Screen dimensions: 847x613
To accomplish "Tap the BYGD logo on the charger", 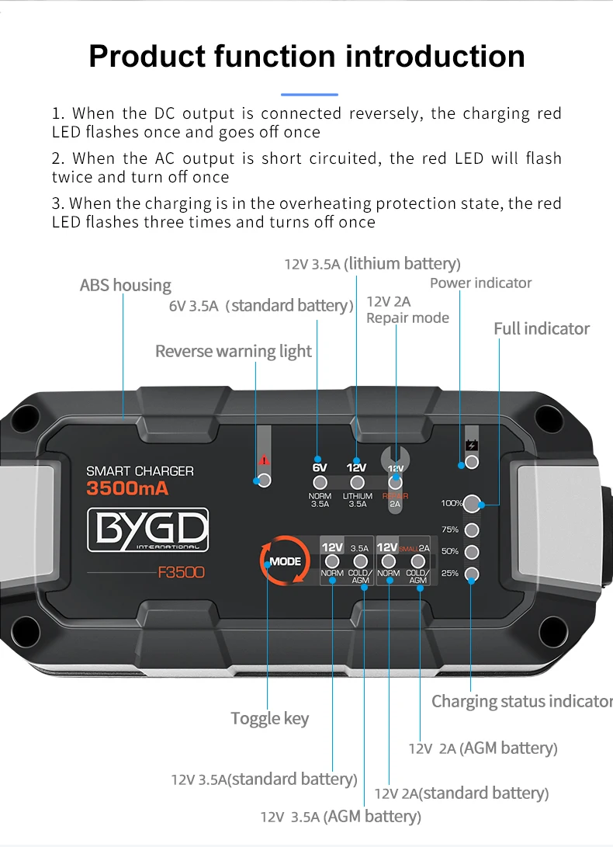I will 147,529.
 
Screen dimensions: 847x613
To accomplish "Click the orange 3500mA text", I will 127,488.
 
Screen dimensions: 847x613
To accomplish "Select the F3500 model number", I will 181,574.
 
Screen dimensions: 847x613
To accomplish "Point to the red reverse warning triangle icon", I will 264,459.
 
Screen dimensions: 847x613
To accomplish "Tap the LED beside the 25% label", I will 472,575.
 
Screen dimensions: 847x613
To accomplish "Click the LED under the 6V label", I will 320,483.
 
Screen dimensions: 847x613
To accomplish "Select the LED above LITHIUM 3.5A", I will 357,483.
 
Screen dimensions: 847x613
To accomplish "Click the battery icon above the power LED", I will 471,446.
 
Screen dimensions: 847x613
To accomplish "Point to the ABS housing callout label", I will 126,285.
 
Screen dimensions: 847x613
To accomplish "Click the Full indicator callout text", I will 542,328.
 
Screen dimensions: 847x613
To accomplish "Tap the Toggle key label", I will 269,718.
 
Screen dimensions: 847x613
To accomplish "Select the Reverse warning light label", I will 233,351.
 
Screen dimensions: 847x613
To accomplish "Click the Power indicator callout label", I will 481,283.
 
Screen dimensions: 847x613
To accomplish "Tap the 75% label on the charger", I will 450,529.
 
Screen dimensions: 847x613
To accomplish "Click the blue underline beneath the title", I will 309,94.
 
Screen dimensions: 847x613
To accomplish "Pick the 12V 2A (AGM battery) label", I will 483,748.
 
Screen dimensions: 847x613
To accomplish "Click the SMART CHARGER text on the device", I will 140,470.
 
